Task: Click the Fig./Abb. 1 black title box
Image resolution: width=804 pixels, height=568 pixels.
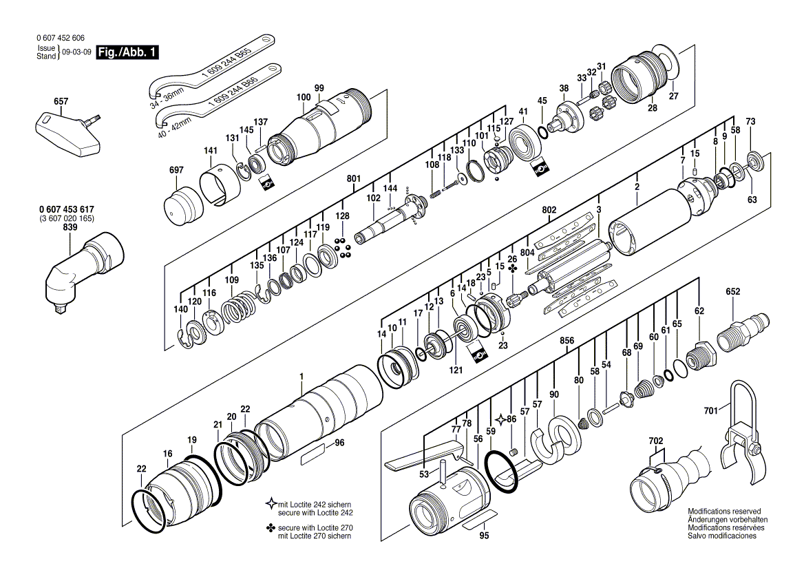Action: (x=120, y=52)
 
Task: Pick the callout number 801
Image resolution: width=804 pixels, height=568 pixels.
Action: (x=354, y=179)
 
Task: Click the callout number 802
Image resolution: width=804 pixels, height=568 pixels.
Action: (x=549, y=209)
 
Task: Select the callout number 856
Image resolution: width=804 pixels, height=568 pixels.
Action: (x=567, y=340)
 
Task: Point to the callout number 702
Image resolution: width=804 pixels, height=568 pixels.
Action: (x=655, y=439)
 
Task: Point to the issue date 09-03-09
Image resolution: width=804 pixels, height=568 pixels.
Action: (x=76, y=52)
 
